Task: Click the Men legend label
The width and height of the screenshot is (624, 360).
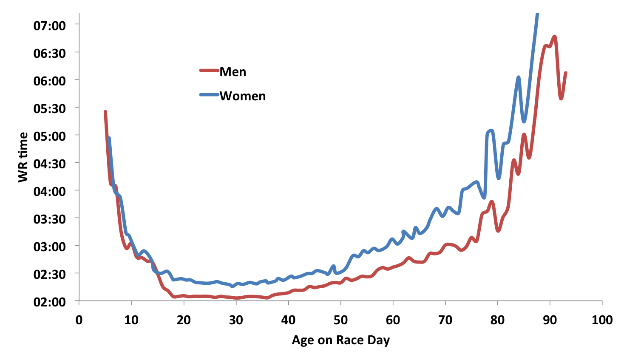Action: (233, 72)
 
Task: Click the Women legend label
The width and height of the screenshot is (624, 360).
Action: (242, 96)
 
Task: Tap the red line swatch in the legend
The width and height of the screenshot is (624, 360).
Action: (209, 71)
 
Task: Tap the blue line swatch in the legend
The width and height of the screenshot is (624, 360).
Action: (209, 95)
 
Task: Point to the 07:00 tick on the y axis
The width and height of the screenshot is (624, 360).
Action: (50, 26)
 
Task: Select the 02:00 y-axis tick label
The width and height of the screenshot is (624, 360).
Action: (50, 302)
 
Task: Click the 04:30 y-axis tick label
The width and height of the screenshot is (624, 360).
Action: (50, 164)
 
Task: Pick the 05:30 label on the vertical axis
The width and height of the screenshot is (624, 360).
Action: (50, 108)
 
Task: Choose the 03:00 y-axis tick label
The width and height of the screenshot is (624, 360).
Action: (50, 247)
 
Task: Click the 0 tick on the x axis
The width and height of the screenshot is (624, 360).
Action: (79, 320)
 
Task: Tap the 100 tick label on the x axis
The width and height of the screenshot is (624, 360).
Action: (602, 320)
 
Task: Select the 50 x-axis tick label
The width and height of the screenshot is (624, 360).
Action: (340, 320)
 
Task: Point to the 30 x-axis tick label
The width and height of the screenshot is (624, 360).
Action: (236, 320)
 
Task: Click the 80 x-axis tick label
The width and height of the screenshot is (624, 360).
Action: (497, 320)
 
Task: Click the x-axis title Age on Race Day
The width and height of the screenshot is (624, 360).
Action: (340, 340)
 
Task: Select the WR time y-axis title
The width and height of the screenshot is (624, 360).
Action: (23, 157)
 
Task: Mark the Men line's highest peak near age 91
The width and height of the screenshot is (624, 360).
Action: (555, 37)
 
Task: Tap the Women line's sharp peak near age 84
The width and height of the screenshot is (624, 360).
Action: (519, 77)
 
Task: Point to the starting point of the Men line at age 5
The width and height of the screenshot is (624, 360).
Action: (105, 111)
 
